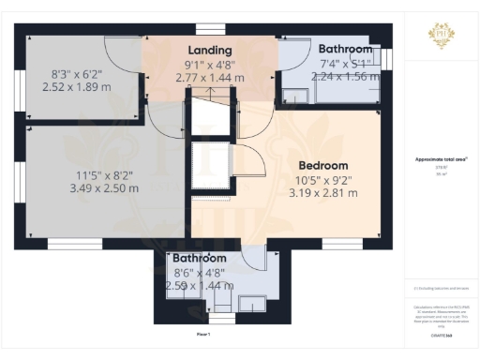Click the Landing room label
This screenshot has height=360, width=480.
click(x=210, y=50)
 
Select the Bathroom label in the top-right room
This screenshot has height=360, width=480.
click(x=344, y=49)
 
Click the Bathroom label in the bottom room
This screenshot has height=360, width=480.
click(x=198, y=258)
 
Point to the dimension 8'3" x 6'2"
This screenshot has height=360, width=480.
click(x=77, y=71)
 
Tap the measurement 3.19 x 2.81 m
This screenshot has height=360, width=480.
click(x=322, y=193)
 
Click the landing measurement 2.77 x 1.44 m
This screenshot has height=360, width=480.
click(x=210, y=78)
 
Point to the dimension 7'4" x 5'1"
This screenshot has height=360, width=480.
click(x=344, y=64)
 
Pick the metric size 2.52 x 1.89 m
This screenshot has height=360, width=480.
click(x=77, y=85)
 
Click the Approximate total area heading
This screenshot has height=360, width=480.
click(x=441, y=160)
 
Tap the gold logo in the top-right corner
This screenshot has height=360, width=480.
click(x=441, y=37)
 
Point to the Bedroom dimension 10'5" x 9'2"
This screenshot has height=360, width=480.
click(x=322, y=179)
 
